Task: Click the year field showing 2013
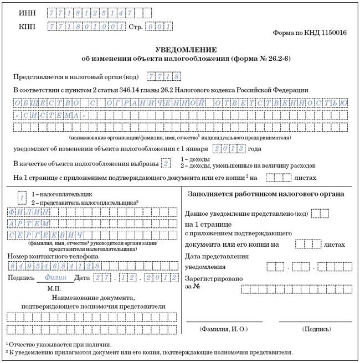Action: coord(229,148)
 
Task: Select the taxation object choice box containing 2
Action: coord(165,163)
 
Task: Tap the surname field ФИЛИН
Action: coord(29,212)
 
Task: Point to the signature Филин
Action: coord(54,278)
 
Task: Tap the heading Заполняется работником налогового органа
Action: coord(266,194)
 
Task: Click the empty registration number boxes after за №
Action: coord(296,288)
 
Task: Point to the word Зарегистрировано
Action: coord(213,278)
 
